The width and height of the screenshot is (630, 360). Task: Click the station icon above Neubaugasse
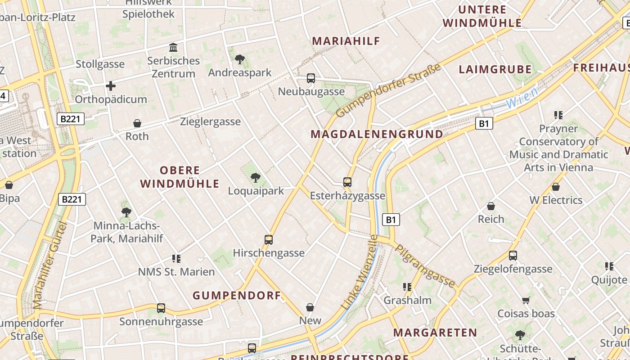pyautogui.click(x=310, y=78)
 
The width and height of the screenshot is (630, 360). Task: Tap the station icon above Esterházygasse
pyautogui.click(x=347, y=182)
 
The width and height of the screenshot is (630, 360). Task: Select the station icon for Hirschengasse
pyautogui.click(x=269, y=239)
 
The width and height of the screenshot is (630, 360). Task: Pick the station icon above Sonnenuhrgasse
pyautogui.click(x=161, y=308)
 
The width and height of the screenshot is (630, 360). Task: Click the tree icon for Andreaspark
pyautogui.click(x=239, y=59)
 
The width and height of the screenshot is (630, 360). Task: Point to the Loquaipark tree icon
pyautogui.click(x=256, y=177)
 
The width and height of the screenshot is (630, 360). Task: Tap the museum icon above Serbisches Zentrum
pyautogui.click(x=173, y=47)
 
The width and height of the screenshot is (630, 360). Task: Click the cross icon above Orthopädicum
pyautogui.click(x=111, y=86)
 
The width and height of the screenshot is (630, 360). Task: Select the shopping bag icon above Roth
pyautogui.click(x=137, y=123)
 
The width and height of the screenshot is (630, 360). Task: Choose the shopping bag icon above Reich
pyautogui.click(x=491, y=206)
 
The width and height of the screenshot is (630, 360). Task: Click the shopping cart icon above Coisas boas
pyautogui.click(x=526, y=300)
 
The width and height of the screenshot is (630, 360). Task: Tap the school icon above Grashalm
pyautogui.click(x=407, y=287)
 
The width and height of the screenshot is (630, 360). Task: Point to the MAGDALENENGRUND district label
pyautogui.click(x=377, y=134)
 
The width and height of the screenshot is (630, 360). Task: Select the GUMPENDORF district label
pyautogui.click(x=237, y=296)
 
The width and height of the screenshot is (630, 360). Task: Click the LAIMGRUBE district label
pyautogui.click(x=495, y=69)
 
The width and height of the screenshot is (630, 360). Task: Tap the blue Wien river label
pyautogui.click(x=522, y=98)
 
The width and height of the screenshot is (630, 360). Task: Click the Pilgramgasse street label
pyautogui.click(x=425, y=265)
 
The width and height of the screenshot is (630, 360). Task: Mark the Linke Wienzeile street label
pyautogui.click(x=360, y=272)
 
